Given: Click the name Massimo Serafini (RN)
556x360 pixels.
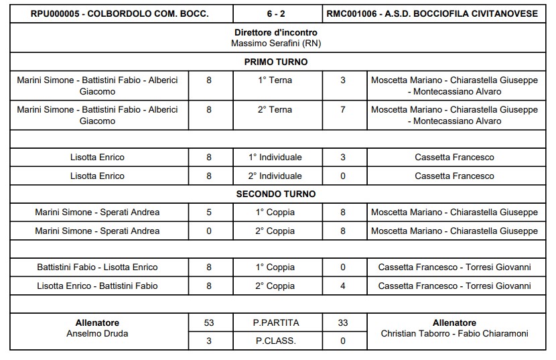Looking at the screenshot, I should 276,43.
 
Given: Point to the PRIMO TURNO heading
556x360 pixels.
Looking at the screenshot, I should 276,62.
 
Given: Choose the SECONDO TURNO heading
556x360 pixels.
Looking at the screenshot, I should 276,194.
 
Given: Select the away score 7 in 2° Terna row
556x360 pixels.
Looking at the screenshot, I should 343,109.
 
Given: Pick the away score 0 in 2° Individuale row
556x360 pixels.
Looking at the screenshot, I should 343,176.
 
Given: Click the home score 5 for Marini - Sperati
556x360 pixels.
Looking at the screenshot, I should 209,213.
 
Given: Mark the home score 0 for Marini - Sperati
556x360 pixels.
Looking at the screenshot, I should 209,231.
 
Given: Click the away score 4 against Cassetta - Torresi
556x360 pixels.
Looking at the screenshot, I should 343,286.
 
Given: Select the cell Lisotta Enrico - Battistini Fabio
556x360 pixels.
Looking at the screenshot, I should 97,286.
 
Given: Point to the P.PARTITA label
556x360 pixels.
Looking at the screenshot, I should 276,322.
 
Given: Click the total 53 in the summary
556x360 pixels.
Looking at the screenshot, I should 209,322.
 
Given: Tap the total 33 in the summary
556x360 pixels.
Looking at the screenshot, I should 343,322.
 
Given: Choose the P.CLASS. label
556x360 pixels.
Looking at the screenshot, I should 276,341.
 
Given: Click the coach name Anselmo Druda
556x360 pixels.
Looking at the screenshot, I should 97,333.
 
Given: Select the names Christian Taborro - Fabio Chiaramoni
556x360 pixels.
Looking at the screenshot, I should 454,333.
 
